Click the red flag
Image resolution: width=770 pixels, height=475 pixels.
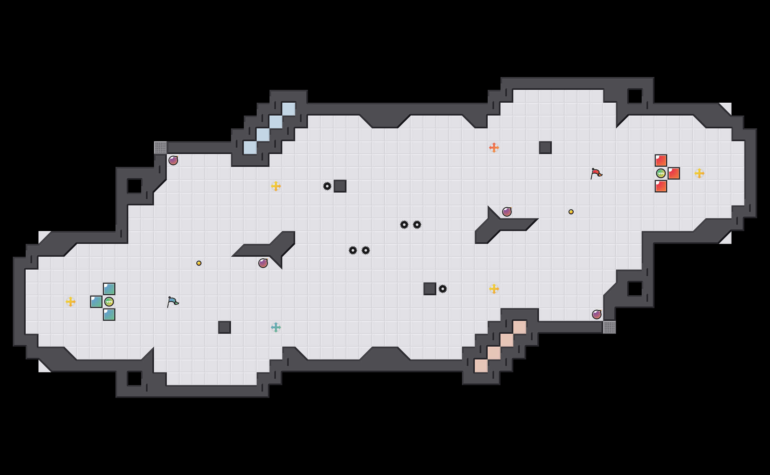coord(596,173)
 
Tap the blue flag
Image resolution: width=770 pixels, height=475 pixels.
coord(173,302)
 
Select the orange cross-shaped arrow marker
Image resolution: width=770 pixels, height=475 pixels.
coord(494,148)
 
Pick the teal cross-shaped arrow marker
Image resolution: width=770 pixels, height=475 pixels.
coord(276,327)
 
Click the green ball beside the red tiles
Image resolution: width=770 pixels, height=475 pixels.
coord(661,173)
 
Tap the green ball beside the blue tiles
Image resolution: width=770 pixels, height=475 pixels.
coord(109,302)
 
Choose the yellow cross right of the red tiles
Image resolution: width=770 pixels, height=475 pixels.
coord(699,173)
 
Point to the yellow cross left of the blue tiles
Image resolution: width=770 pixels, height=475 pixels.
coord(71,302)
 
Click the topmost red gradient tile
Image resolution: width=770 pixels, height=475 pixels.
coord(661,160)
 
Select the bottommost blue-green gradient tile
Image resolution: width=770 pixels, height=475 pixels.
coord(109,315)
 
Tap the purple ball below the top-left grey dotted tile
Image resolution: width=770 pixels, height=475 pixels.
coord(173,160)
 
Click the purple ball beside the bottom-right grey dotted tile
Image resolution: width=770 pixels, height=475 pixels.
coord(597,315)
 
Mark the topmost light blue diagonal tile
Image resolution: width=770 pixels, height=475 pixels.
coord(289,109)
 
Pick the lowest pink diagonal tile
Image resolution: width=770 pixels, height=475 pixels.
coord(481,366)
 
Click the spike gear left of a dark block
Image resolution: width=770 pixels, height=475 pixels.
coord(327,186)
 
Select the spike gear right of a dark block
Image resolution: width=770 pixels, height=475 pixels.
coord(443,289)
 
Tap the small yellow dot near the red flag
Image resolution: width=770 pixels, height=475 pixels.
coord(571,212)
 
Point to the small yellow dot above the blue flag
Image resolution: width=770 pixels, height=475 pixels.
coord(199,263)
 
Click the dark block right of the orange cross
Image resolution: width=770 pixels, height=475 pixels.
coord(545,148)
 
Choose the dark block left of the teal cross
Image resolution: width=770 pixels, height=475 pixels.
coord(225,327)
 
